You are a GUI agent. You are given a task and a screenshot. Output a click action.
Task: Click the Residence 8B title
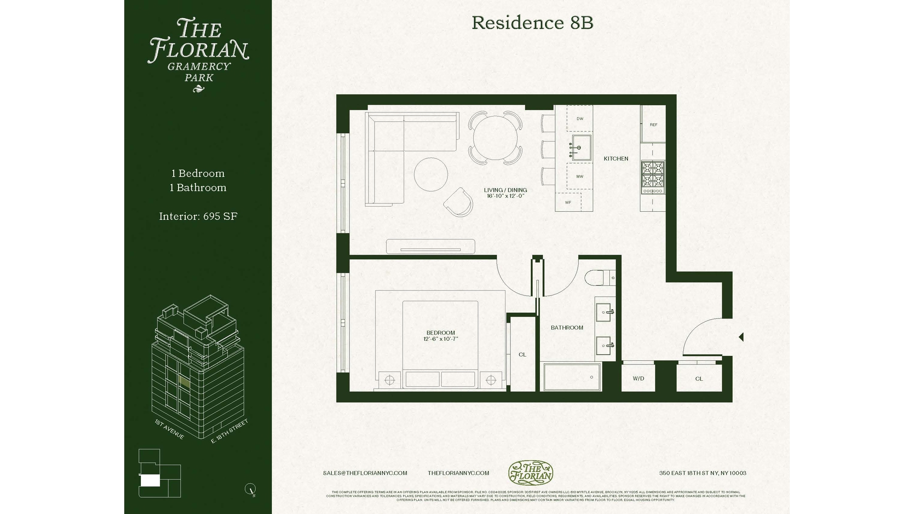[x=532, y=23]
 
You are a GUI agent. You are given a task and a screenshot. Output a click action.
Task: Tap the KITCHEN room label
[x=616, y=158]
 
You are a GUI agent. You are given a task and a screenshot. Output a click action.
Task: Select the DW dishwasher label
[x=580, y=119]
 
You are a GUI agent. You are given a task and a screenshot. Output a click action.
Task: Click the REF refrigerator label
[x=653, y=125]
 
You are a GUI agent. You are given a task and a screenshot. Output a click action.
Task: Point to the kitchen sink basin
[x=581, y=147]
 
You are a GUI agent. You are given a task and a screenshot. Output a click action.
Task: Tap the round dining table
[x=495, y=138]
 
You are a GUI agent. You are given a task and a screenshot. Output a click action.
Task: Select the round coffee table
[x=431, y=174]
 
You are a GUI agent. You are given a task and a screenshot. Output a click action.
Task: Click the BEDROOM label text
[x=440, y=333]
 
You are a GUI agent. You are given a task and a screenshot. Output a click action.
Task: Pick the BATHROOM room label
[x=566, y=327]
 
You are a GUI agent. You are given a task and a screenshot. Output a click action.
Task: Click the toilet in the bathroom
[x=599, y=277]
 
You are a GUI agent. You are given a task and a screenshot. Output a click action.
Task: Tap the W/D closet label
[x=638, y=378]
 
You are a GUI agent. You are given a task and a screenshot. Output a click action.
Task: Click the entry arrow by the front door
[x=741, y=337]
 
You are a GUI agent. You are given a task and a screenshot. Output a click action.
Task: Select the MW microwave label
[x=580, y=177]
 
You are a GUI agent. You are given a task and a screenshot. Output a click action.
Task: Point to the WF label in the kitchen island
[x=568, y=202]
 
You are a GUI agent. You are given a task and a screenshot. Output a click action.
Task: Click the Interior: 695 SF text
[x=198, y=217]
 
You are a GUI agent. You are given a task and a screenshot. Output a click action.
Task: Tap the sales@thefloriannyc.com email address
[x=365, y=473]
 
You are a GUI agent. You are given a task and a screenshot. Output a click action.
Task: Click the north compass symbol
[x=250, y=489]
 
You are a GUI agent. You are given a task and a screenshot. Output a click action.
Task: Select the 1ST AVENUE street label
[x=169, y=429]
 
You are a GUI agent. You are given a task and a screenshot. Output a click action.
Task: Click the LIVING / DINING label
[x=505, y=190]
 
